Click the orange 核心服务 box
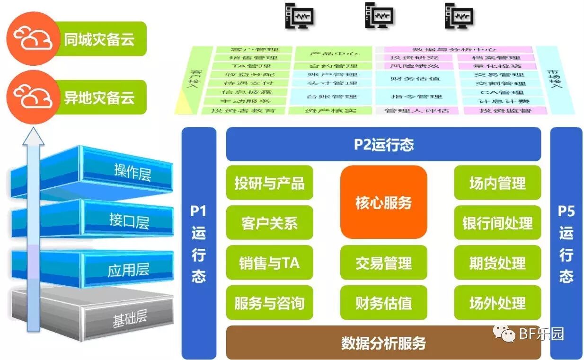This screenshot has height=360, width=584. click(x=383, y=202)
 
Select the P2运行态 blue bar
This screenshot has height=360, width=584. click(x=383, y=144)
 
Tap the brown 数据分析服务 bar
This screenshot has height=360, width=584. click(x=383, y=342)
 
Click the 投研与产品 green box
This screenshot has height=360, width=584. click(x=269, y=183)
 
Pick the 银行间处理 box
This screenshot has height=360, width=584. click(x=497, y=223)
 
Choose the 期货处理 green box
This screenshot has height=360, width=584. click(x=497, y=263)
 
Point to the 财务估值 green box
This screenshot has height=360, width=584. click(x=383, y=303)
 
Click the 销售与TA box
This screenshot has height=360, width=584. click(x=269, y=263)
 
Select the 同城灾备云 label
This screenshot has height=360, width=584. click(x=99, y=39)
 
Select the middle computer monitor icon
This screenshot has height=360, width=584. click(x=380, y=16)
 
